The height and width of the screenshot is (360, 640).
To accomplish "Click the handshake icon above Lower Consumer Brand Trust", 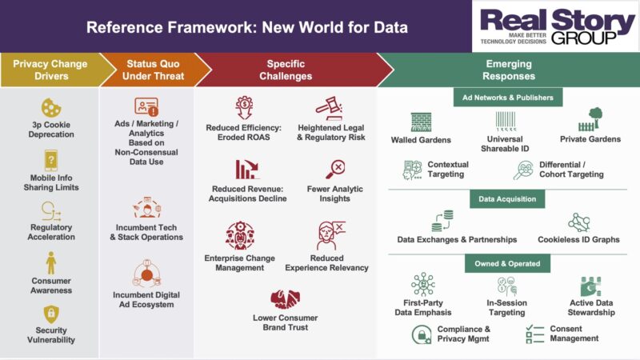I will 286,299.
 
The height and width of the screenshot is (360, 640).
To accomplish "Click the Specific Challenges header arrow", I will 286,70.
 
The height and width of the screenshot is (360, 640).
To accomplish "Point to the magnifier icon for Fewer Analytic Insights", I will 334,170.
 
